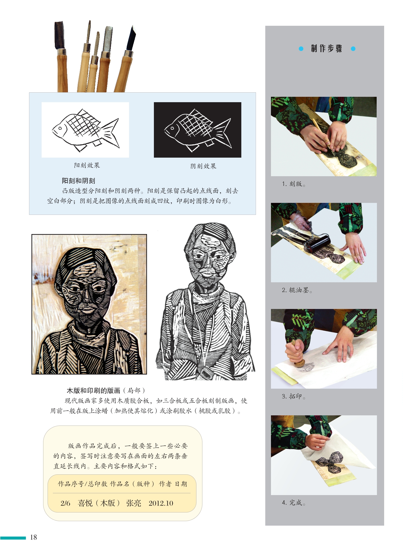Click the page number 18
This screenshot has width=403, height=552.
[x=34, y=537]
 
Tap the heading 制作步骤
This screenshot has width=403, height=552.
[x=327, y=49]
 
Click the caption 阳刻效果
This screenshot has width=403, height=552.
[x=87, y=165]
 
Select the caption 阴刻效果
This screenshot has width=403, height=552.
[x=203, y=166]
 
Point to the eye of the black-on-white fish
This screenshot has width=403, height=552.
[x=60, y=129]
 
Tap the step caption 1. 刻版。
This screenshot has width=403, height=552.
[x=294, y=184]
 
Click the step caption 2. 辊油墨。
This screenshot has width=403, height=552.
[x=297, y=290]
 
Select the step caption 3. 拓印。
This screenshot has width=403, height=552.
[x=294, y=396]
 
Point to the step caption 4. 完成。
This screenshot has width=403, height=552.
[x=294, y=503]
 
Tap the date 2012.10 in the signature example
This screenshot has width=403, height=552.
[x=161, y=503]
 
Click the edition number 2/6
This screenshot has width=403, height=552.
[x=65, y=503]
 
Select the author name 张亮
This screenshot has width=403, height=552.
[x=134, y=503]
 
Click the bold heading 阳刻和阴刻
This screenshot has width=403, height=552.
[x=78, y=181]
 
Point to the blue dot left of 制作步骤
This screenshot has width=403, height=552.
[x=301, y=49]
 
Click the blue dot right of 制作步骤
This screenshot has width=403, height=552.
[x=353, y=49]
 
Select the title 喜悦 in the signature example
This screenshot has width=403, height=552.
[x=85, y=503]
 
